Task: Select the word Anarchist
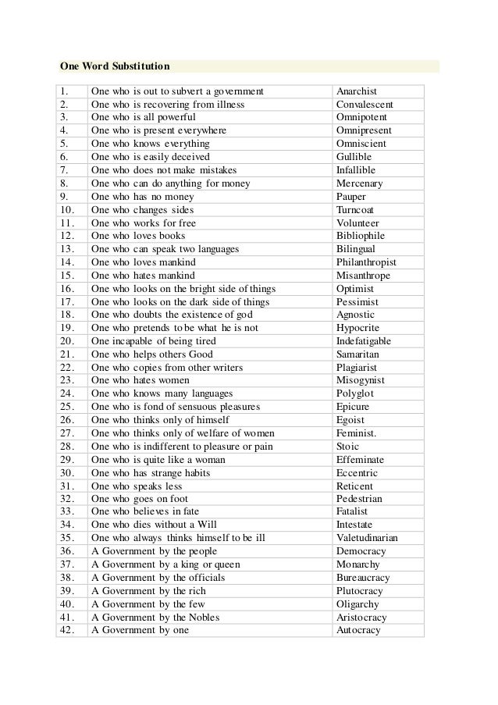(x=357, y=91)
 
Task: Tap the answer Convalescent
(x=365, y=105)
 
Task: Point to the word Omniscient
(x=361, y=144)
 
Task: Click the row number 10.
(x=66, y=210)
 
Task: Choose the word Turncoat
(x=357, y=210)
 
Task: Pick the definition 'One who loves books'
(x=140, y=236)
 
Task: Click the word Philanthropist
(x=366, y=262)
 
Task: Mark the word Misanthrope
(x=364, y=276)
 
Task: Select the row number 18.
(x=66, y=315)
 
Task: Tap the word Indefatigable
(x=364, y=341)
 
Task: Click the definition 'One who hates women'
(x=143, y=380)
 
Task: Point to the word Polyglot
(x=355, y=393)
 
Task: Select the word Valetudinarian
(x=368, y=537)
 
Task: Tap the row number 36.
(x=66, y=550)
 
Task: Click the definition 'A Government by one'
(x=141, y=629)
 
